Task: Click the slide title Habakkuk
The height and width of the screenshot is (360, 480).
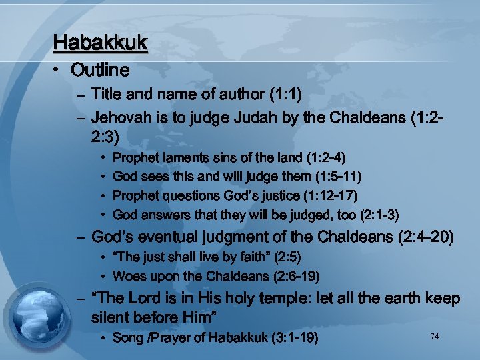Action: pos(100,43)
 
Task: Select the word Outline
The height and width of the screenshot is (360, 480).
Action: pos(100,69)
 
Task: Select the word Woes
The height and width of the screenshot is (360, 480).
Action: pos(129,276)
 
